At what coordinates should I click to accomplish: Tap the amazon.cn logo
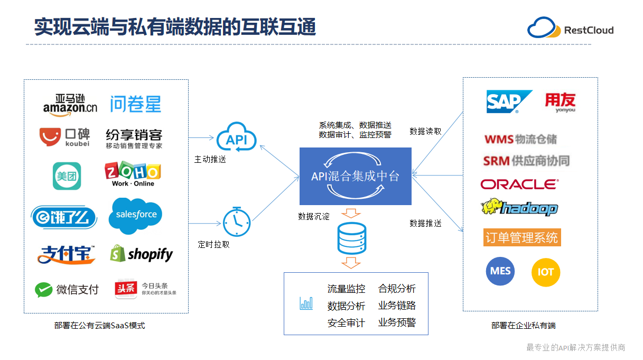(x=70, y=104)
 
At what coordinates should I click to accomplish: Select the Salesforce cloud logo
(x=135, y=215)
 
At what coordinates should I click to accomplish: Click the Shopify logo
(x=141, y=254)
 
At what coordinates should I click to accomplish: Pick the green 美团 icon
(x=67, y=176)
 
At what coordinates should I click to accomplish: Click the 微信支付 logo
(x=67, y=290)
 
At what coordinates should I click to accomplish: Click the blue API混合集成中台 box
(x=355, y=176)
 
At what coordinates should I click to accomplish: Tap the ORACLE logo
(x=519, y=184)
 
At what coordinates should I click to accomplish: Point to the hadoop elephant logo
(x=519, y=207)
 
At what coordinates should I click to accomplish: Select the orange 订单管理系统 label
(x=521, y=237)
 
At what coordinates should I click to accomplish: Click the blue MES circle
(x=500, y=271)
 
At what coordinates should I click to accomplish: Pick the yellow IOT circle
(x=545, y=272)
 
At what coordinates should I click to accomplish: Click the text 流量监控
(x=346, y=289)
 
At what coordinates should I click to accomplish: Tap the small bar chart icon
(x=306, y=303)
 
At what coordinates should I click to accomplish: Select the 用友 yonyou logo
(x=560, y=102)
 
